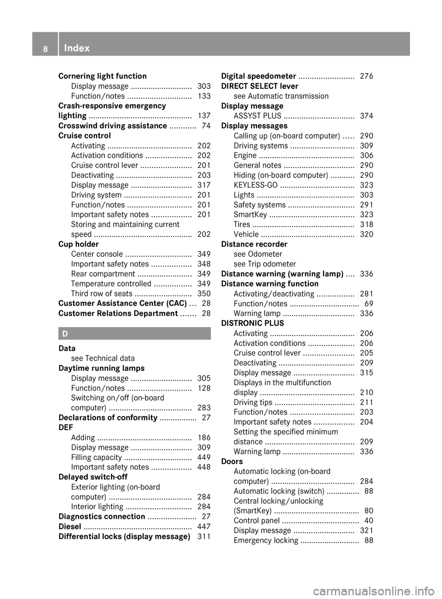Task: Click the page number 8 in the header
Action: (x=45, y=48)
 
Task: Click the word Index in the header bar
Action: (x=77, y=48)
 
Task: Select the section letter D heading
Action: (x=65, y=334)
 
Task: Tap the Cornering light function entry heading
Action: (x=102, y=76)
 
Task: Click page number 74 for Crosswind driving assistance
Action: (x=206, y=126)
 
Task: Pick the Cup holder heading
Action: (x=78, y=244)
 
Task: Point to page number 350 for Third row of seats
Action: (x=204, y=294)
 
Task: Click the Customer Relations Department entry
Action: (x=118, y=313)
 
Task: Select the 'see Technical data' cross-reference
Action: (x=103, y=358)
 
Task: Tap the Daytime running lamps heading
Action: (x=101, y=368)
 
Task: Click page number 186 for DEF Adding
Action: (x=204, y=438)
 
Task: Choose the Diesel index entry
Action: (x=70, y=526)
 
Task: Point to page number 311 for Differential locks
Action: (x=204, y=536)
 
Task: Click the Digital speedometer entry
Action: (x=258, y=76)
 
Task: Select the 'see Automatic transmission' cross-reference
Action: (x=281, y=96)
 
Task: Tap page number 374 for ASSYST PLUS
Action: (x=366, y=116)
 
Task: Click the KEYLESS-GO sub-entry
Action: (x=256, y=185)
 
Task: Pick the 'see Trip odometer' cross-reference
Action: (x=265, y=264)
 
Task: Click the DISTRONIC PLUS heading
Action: (x=252, y=323)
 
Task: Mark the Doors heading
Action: (x=232, y=461)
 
